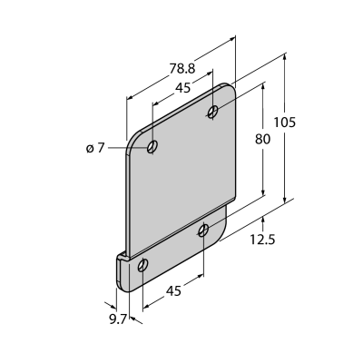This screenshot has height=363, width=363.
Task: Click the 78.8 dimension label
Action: [x=182, y=69]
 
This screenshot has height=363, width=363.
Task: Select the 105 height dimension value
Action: [x=284, y=123]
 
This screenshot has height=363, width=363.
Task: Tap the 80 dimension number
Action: [x=262, y=140]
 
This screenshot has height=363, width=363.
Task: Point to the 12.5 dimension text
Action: [x=262, y=240]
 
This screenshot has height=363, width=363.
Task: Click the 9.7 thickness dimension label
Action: [x=118, y=319]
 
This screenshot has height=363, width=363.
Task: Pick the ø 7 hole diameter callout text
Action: [x=95, y=148]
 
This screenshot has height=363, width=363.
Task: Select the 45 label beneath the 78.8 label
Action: [x=183, y=88]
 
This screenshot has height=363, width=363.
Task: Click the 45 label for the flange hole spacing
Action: [x=173, y=291]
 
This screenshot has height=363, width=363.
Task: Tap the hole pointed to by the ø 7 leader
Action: [x=152, y=147]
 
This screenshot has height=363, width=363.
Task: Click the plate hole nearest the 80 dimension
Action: [x=213, y=112]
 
